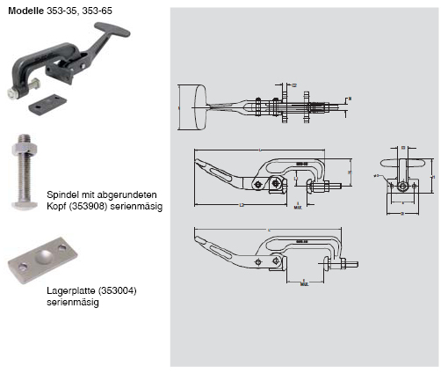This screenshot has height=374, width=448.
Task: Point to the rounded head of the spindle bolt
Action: pyautogui.click(x=28, y=209)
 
